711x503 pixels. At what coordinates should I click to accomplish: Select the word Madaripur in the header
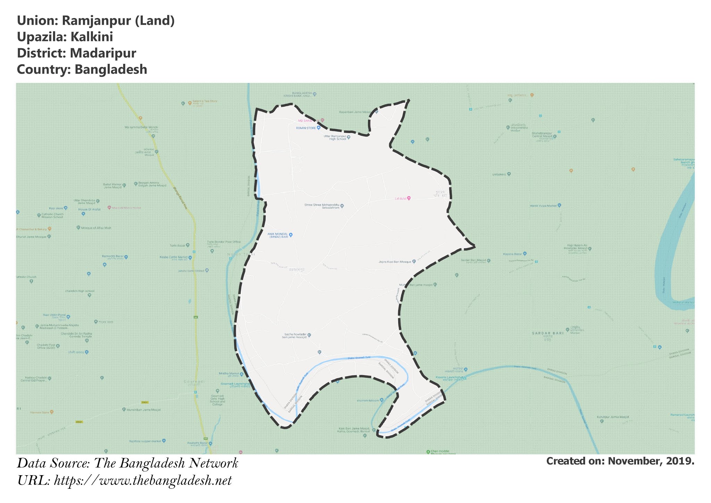(103, 53)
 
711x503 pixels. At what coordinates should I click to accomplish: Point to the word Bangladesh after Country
(111, 69)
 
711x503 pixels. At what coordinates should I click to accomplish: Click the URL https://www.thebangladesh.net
(143, 481)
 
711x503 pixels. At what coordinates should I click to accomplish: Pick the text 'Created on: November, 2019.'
(620, 461)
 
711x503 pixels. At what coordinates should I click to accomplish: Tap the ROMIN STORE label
(306, 128)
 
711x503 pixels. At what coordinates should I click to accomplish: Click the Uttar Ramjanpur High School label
(335, 138)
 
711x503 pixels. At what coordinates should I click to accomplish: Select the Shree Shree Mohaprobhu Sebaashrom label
(321, 206)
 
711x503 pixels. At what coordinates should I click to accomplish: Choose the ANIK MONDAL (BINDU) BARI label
(278, 235)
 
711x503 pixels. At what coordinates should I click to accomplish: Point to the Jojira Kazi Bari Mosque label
(395, 262)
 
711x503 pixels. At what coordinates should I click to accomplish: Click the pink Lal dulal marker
(409, 198)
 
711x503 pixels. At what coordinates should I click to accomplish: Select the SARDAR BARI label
(548, 333)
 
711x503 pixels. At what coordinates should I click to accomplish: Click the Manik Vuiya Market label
(543, 206)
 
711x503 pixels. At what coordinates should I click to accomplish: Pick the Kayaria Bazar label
(512, 254)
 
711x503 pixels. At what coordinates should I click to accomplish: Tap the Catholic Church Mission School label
(52, 215)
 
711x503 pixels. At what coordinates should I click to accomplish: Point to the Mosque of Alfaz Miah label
(96, 228)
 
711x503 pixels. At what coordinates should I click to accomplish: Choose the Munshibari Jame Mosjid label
(143, 410)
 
